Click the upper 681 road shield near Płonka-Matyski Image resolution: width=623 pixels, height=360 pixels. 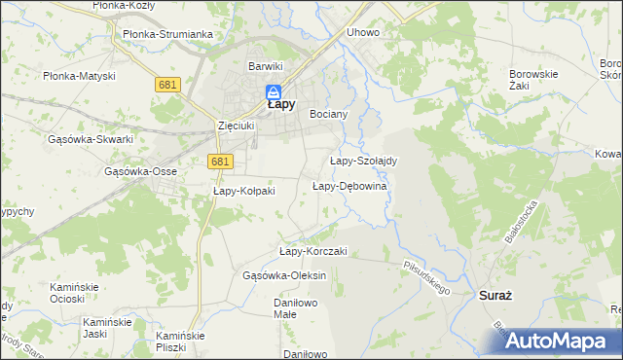tap(166, 86)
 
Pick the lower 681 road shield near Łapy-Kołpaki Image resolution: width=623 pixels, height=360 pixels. tap(220, 162)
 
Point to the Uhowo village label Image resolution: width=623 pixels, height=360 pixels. tap(362, 32)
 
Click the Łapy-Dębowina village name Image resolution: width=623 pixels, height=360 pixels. tap(350, 186)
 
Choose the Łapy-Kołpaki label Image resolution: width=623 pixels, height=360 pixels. tap(244, 191)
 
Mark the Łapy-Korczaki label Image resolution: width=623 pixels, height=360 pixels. tap(313, 251)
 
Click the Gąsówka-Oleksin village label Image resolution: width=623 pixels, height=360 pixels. tap(284, 275)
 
